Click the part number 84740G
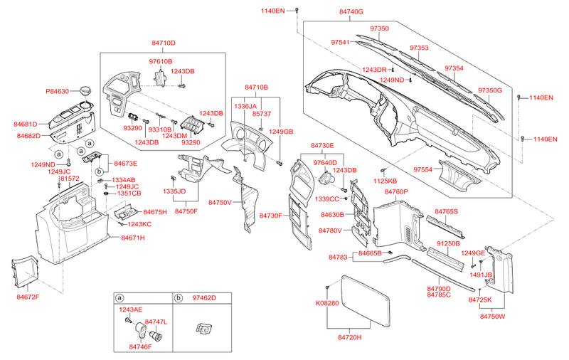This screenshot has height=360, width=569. [x=351, y=11]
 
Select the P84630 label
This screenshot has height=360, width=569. [x=58, y=92]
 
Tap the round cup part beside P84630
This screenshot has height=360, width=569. [x=85, y=91]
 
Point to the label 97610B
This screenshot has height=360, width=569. [x=161, y=61]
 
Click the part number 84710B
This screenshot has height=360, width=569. [x=256, y=87]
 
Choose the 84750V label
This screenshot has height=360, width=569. [x=220, y=202]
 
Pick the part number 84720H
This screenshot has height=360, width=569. [x=350, y=337]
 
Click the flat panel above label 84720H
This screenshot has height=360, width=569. [x=366, y=300]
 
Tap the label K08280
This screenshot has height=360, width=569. [x=327, y=303]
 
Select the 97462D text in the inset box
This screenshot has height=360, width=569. [x=204, y=298]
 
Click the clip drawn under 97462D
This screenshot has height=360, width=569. [x=203, y=329]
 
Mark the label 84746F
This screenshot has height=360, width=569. [x=140, y=346]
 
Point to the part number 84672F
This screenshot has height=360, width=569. [x=28, y=297]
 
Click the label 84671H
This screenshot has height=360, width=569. [x=133, y=238]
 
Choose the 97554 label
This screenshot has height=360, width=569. [x=422, y=169]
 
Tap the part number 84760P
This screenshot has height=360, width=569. [x=396, y=191]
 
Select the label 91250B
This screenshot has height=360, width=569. [x=448, y=243]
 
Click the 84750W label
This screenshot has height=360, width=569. [x=492, y=316]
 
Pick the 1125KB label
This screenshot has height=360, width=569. [x=385, y=181]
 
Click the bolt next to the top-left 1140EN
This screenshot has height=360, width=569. [x=297, y=10]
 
